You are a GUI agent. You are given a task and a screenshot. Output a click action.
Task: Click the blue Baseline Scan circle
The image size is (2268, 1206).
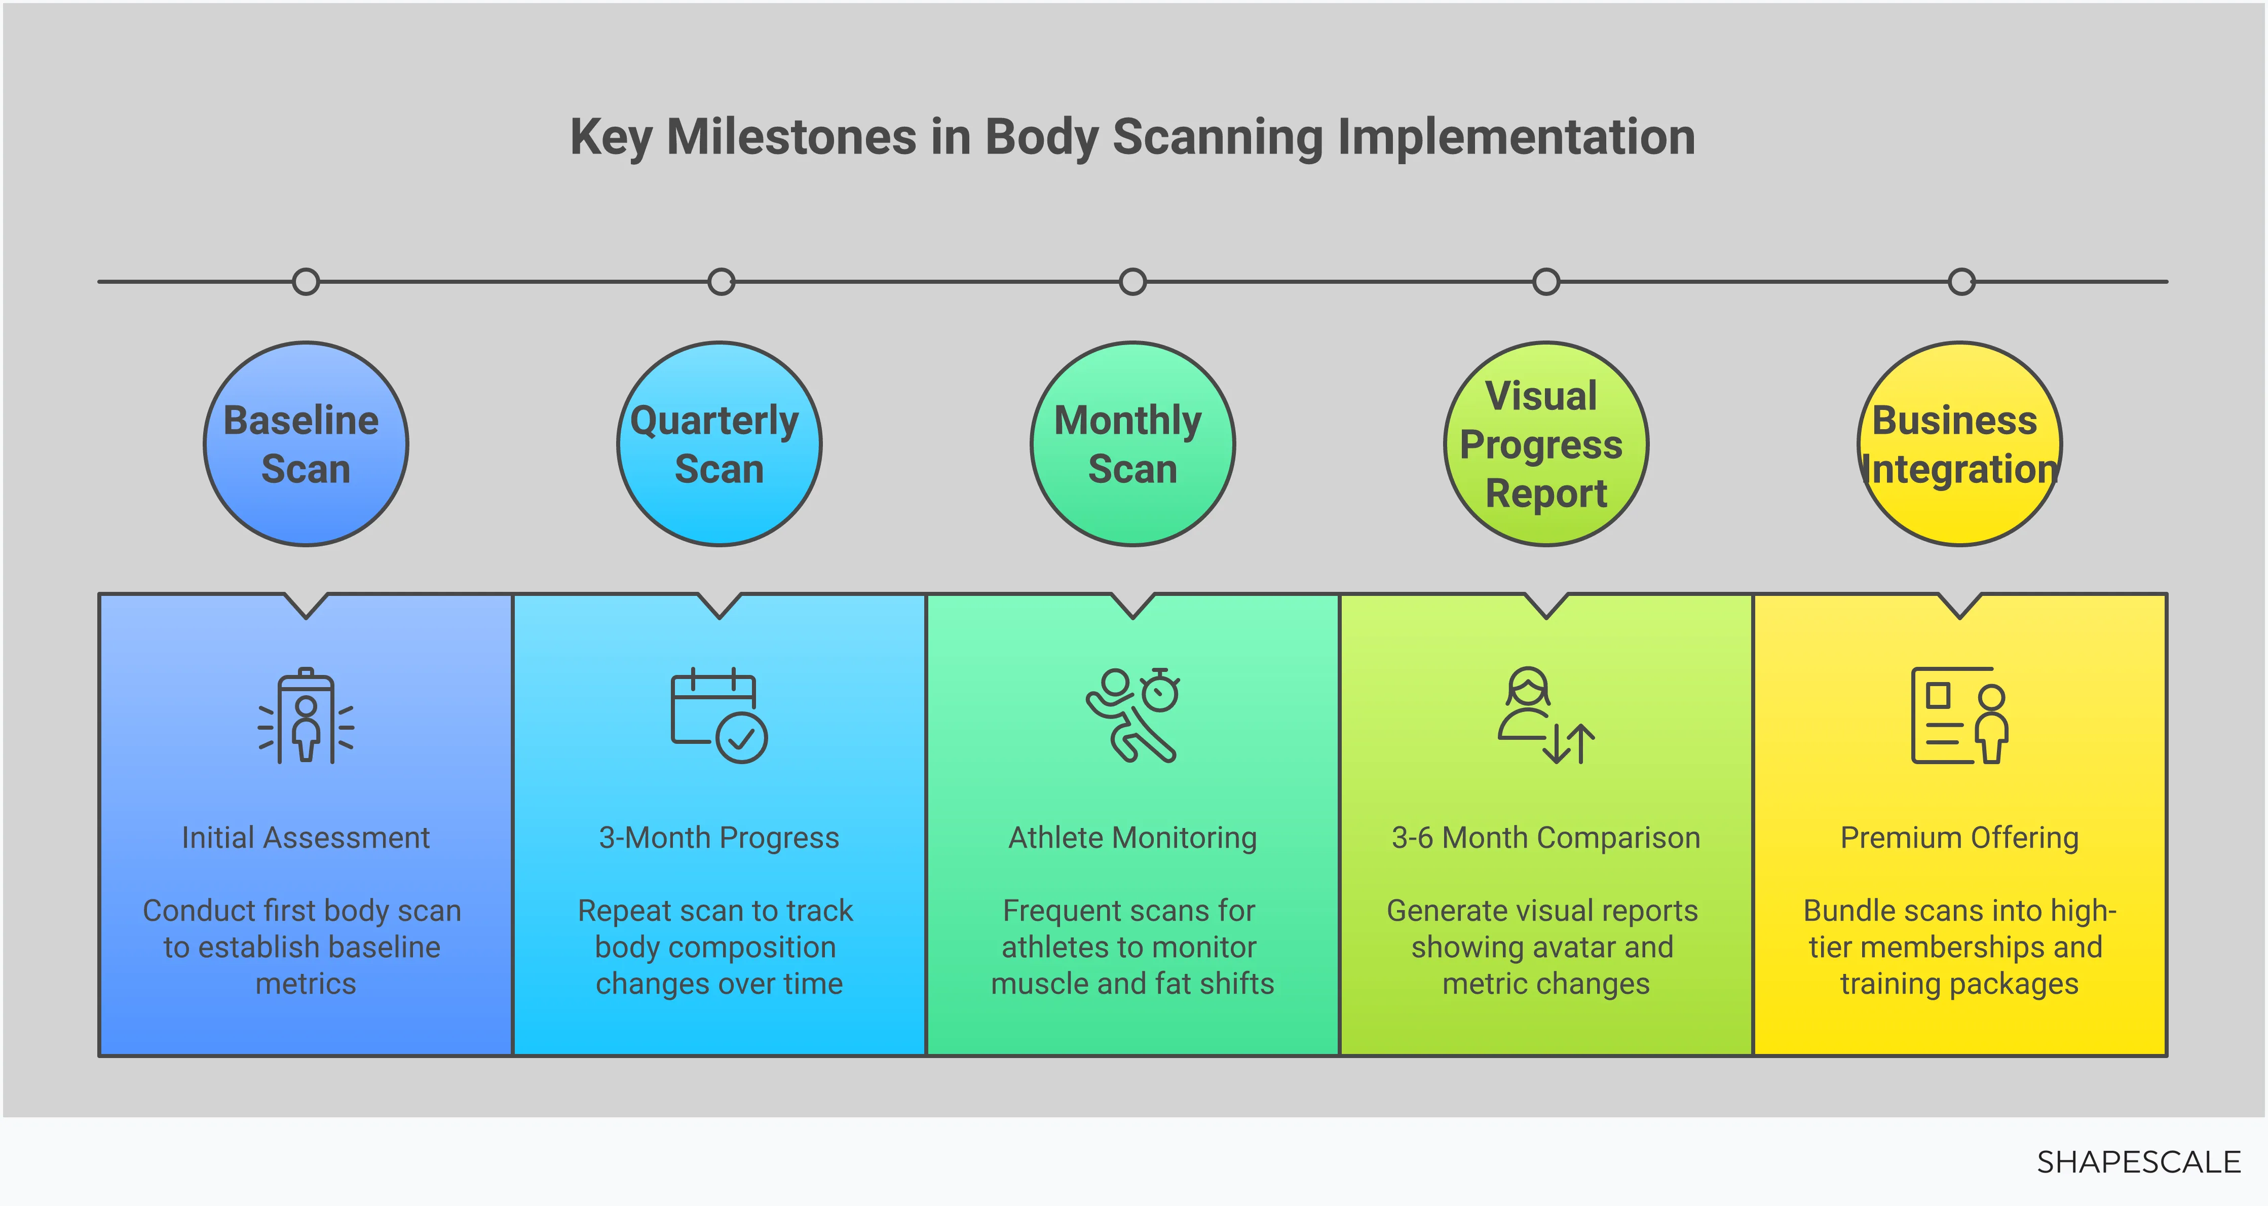[x=306, y=444]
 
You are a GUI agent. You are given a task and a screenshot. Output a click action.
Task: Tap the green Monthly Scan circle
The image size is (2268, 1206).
[x=1132, y=444]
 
